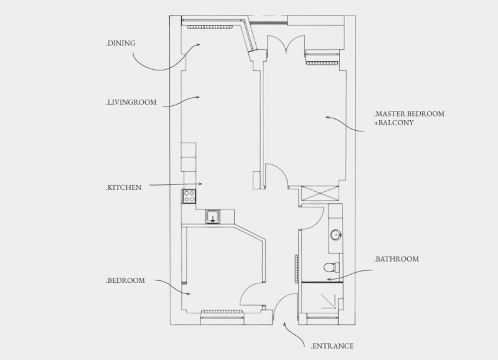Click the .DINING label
pyautogui.click(x=121, y=43)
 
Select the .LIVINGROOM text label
pyautogui.click(x=131, y=102)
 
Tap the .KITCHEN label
pyautogui.click(x=124, y=187)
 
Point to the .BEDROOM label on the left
pyautogui.click(x=125, y=281)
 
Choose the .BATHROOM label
pyautogui.click(x=396, y=258)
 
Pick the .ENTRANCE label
pyautogui.click(x=332, y=346)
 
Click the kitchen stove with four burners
pyautogui.click(x=189, y=197)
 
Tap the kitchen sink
pyautogui.click(x=213, y=216)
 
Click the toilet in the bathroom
pyautogui.click(x=331, y=268)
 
